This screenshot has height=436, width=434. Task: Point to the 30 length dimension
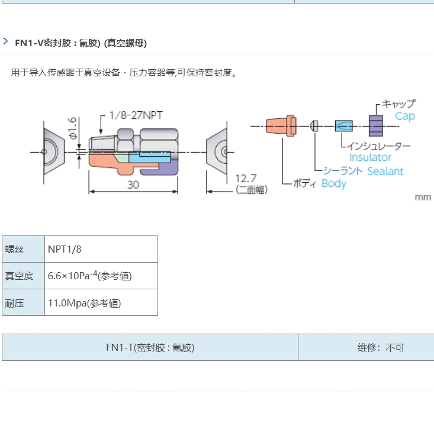pos(133,185)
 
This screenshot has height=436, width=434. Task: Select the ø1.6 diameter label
pos(72,129)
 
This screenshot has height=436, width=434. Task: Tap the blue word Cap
pos(405,116)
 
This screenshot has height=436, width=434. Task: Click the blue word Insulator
pos(370,157)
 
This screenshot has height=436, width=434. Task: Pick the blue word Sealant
pos(385,172)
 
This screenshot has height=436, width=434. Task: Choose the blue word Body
pos(333,183)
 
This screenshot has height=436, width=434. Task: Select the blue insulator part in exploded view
pos(343,125)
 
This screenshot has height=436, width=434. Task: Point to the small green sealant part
pos(315,125)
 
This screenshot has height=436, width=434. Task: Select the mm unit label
pos(423,197)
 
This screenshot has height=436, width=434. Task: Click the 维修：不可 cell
pos(381,347)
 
